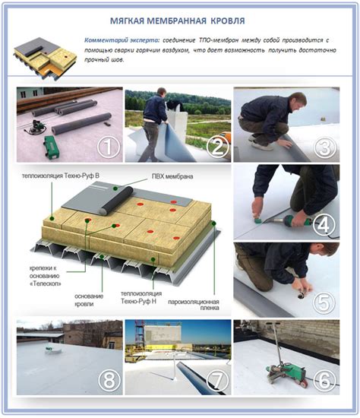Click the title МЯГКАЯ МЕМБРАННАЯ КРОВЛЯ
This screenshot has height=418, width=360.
click(178, 21)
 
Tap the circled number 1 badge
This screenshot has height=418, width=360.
click(108, 147)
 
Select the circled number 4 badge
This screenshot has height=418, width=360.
click(324, 225)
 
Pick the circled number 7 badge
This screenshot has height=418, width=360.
click(217, 381)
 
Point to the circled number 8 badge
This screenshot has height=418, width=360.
click(109, 381)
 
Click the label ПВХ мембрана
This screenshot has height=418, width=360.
click(172, 176)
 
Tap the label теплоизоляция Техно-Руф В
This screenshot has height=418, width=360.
click(61, 176)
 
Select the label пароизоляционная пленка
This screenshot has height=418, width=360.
click(194, 305)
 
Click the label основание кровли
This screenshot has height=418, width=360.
click(89, 300)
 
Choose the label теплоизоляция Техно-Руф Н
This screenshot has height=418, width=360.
click(141, 297)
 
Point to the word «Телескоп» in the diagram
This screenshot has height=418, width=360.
click(46, 283)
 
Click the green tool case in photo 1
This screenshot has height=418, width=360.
click(52, 147)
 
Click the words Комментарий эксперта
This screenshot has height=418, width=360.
click(122, 40)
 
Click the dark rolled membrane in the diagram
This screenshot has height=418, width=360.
click(117, 201)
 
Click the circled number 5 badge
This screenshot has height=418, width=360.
click(324, 302)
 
